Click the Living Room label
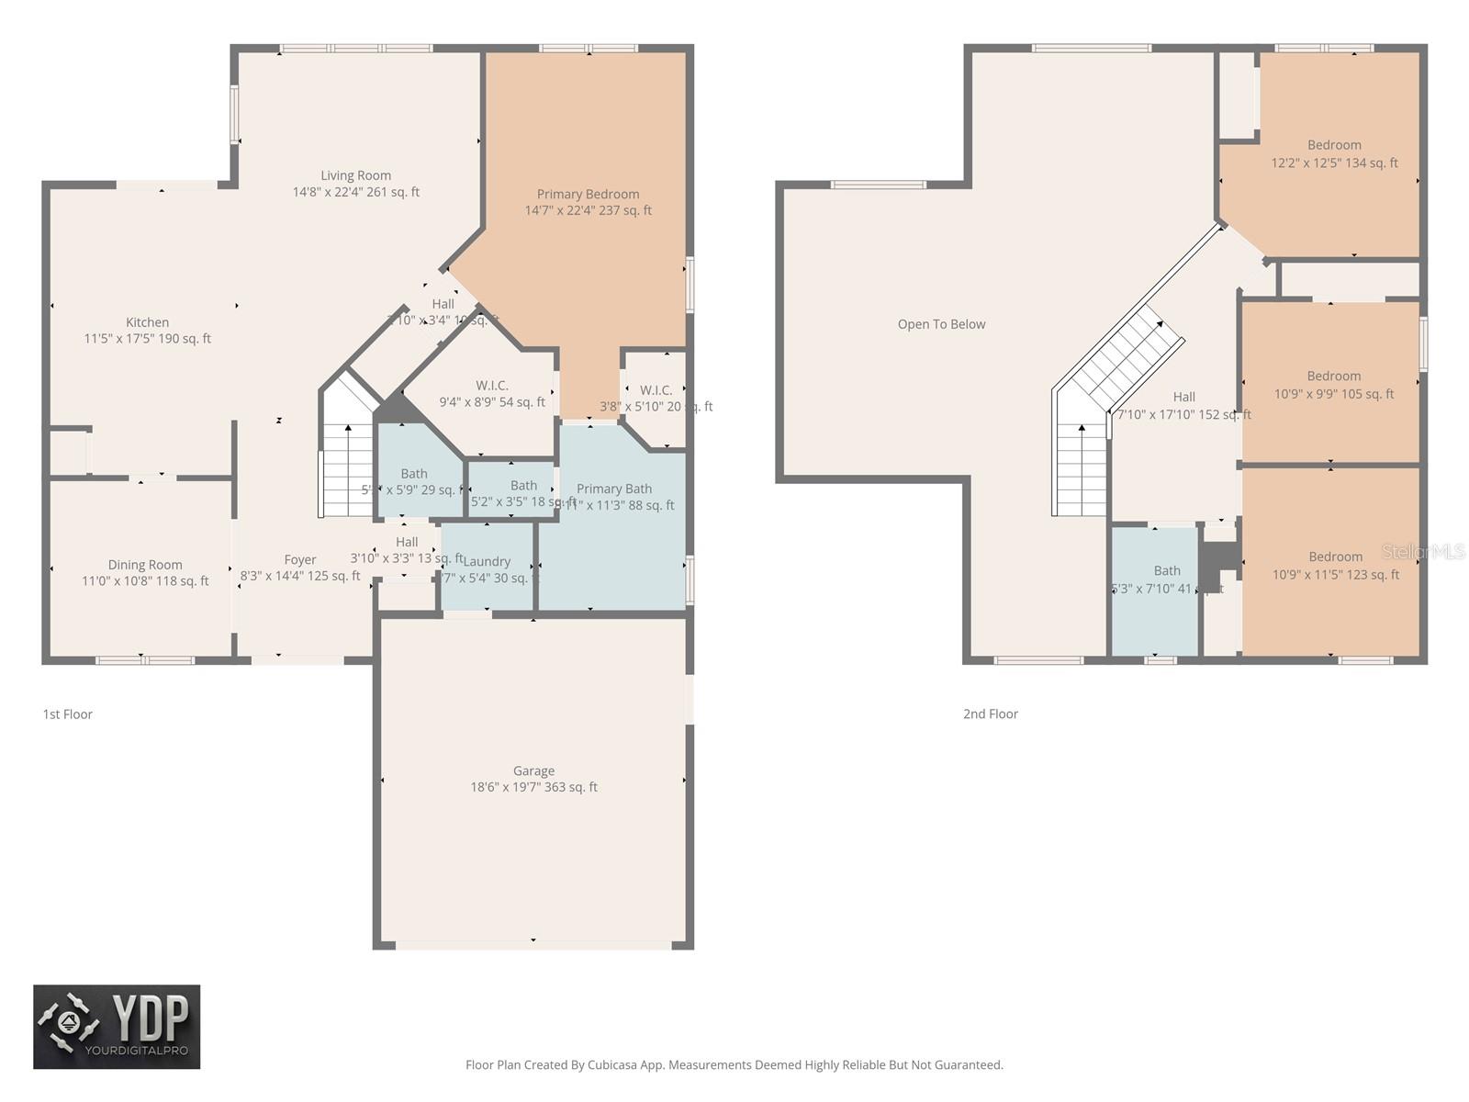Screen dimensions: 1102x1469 pos(355,175)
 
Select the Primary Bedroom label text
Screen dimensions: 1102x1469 pos(588,194)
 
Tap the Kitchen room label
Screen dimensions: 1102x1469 pos(147,322)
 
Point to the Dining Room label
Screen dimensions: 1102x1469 pos(145,565)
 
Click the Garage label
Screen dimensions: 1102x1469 pos(533,771)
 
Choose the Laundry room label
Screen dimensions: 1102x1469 pos(487,561)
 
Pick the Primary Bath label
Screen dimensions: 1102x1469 pos(614,489)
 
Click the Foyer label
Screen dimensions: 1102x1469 pos(299,559)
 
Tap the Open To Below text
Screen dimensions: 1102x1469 pos(941,324)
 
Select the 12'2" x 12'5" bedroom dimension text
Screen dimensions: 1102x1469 pos(1334,163)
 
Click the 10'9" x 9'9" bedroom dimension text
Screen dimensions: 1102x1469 pos(1333,394)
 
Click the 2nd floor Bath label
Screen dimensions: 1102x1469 pos(1167,570)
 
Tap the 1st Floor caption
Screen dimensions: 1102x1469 pos(67,714)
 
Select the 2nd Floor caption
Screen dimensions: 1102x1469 pos(990,714)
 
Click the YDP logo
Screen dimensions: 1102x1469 pos(117,1027)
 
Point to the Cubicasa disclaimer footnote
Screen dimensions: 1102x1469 pos(734,1065)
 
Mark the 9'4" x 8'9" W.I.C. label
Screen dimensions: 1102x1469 pos(492,402)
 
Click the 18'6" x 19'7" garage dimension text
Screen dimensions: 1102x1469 pos(533,787)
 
